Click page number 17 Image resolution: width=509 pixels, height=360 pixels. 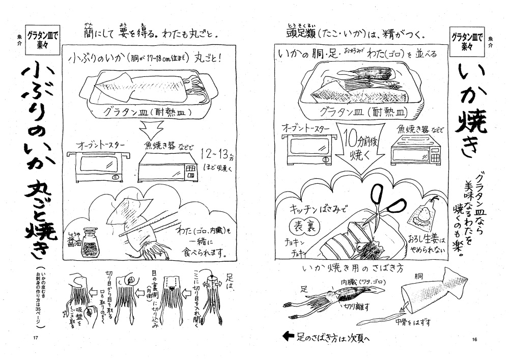35,339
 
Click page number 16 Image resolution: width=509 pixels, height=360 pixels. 474,339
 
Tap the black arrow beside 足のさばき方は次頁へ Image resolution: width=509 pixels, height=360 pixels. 289,336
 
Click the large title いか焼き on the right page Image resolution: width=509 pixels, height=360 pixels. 471,109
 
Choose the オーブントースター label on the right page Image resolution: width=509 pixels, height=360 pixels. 305,129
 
